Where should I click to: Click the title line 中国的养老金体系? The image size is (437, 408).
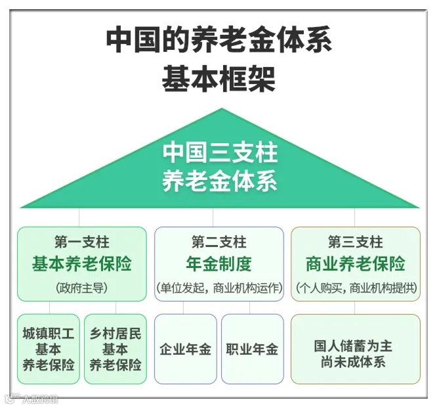click(x=218, y=41)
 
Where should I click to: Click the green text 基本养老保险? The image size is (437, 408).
click(x=81, y=264)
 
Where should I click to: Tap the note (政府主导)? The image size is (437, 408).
click(x=81, y=288)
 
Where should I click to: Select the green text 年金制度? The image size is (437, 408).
click(x=218, y=264)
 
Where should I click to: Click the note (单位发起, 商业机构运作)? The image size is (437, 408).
click(x=218, y=288)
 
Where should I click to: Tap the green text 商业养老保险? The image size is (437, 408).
click(x=355, y=264)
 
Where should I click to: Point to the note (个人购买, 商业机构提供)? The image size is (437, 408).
click(x=355, y=288)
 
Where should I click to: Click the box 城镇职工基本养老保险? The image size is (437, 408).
click(x=49, y=349)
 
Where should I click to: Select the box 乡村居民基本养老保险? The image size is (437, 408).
click(x=115, y=349)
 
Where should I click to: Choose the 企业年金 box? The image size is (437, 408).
click(x=186, y=349)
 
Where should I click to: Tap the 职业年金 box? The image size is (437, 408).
click(x=252, y=349)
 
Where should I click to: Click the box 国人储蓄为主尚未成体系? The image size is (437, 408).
click(x=355, y=349)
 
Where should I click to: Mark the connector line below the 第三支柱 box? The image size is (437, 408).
click(x=355, y=307)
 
